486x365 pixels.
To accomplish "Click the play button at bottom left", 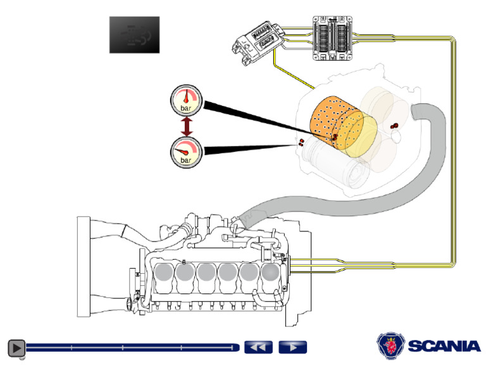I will point(16,347).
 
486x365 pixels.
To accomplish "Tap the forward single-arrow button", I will point(292,347).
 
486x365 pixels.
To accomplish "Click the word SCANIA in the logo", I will point(444,347).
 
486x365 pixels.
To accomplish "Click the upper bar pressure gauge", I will point(186,100).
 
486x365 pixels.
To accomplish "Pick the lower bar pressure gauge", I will point(186,153).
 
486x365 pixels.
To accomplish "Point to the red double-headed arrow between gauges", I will point(186,126).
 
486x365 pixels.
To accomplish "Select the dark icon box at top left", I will point(134,35).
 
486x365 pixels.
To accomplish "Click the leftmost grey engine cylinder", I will point(163,272).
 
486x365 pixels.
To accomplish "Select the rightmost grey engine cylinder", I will point(270,272).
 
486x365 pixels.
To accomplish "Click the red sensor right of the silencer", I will point(395,125).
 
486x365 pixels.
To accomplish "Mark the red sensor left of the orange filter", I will point(301,141).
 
